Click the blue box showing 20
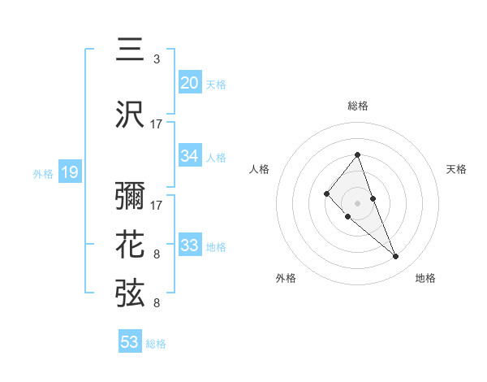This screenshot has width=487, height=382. point(189,83)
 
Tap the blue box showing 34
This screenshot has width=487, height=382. point(189,156)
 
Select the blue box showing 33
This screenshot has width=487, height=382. point(189,245)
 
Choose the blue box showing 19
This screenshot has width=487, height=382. point(69,172)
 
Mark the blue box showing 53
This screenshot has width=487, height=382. point(130,342)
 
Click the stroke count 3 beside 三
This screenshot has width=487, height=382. point(157,59)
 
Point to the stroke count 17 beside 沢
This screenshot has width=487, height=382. point(157,124)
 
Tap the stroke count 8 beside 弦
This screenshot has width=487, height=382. point(157,303)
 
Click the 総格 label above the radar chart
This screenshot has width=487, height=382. point(358,106)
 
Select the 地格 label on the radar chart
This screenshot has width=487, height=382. point(425,278)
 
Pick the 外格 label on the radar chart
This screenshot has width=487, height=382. point(286,278)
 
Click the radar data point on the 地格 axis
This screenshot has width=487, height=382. point(395,257)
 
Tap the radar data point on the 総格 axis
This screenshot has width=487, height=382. point(358,154)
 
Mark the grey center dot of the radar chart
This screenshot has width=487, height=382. point(358,202)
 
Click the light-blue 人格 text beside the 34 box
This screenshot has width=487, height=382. point(216,157)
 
